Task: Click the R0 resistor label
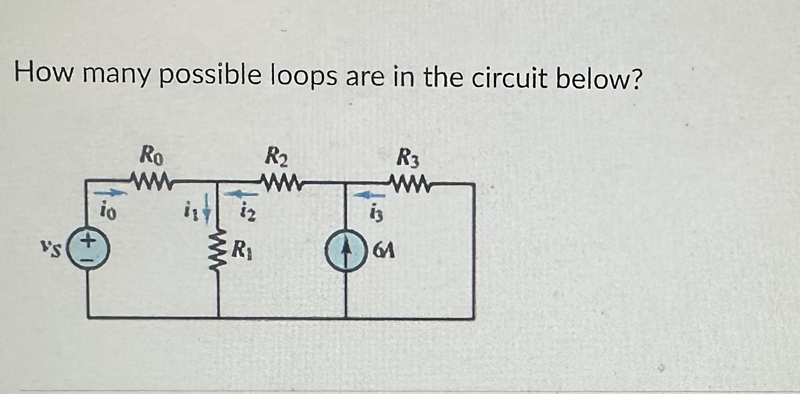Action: (153, 155)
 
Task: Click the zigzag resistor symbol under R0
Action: (153, 182)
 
